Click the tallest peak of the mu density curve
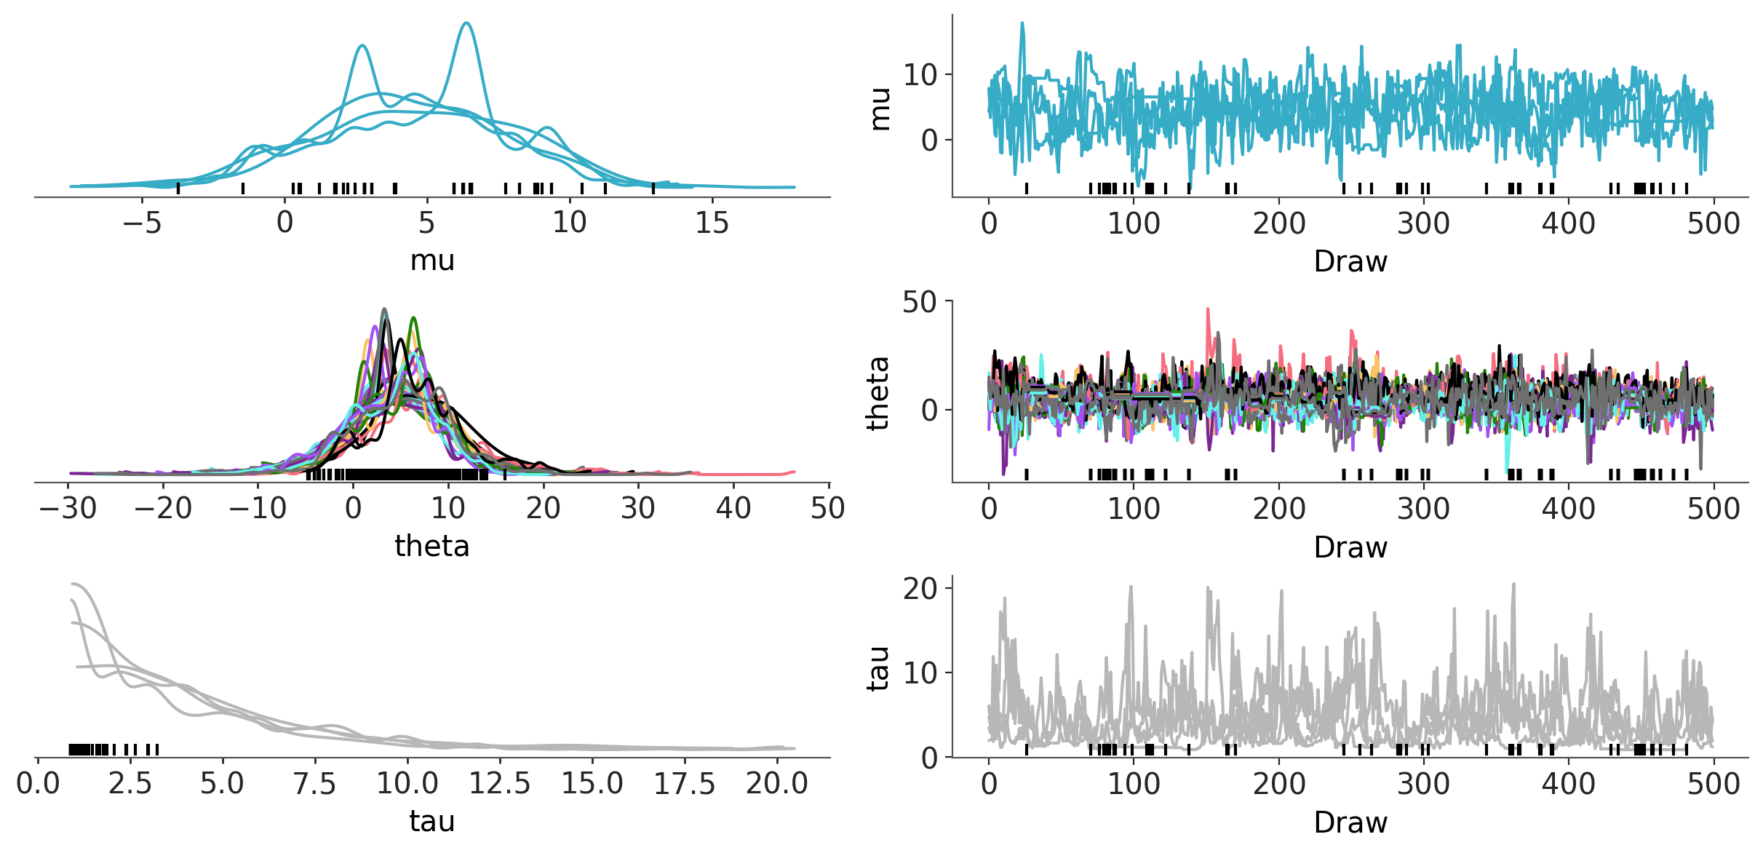pos(466,24)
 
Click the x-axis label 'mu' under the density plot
pos(432,261)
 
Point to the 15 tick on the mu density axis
pos(712,223)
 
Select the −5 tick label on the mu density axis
pos(142,223)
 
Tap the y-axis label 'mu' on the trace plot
pos(880,109)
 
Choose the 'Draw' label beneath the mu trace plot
pos(1350,261)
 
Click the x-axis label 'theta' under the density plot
pos(432,546)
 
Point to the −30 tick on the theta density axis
pos(68,508)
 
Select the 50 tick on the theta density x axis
pos(827,508)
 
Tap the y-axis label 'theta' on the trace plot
pos(879,394)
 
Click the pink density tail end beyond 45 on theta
pos(792,472)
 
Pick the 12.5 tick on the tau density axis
pos(499,784)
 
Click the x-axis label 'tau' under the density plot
pos(432,821)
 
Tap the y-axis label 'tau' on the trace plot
pos(879,668)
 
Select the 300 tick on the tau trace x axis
pos(1424,784)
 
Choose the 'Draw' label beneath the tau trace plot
pos(1350,822)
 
